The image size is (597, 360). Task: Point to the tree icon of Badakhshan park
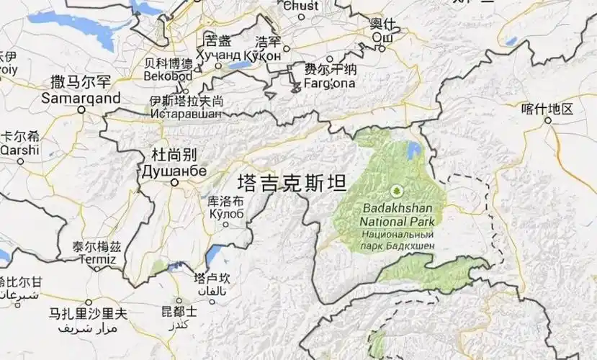pos(395,192)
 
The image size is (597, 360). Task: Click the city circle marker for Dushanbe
pos(174,184)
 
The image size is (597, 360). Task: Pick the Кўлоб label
pos(225,214)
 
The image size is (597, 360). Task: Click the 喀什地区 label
pos(547,109)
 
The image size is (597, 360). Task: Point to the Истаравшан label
pos(186,114)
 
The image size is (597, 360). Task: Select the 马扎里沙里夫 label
pos(87,314)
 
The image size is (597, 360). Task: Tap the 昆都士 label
pos(179,312)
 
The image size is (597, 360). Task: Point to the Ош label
pos(382,38)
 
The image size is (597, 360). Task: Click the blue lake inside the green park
pos(413,151)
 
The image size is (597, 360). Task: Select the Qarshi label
pos(13,150)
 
